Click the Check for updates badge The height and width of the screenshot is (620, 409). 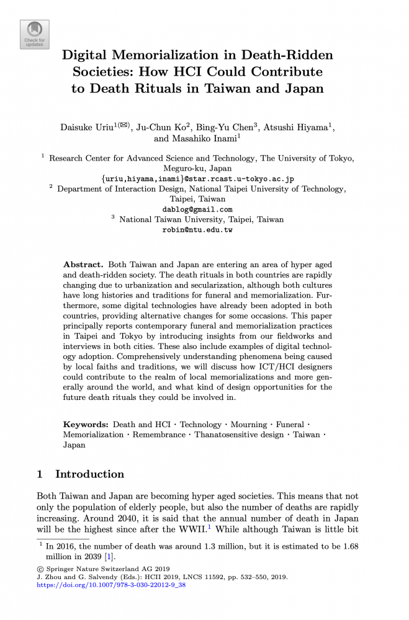pos(35,34)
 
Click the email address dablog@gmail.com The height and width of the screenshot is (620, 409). pos(197,209)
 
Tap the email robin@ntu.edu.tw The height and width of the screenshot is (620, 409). pos(197,229)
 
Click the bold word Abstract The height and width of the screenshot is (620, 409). pos(83,264)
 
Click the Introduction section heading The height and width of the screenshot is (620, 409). pos(89,474)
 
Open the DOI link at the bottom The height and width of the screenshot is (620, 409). pos(112,584)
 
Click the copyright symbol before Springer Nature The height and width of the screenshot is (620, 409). pos(40,569)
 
